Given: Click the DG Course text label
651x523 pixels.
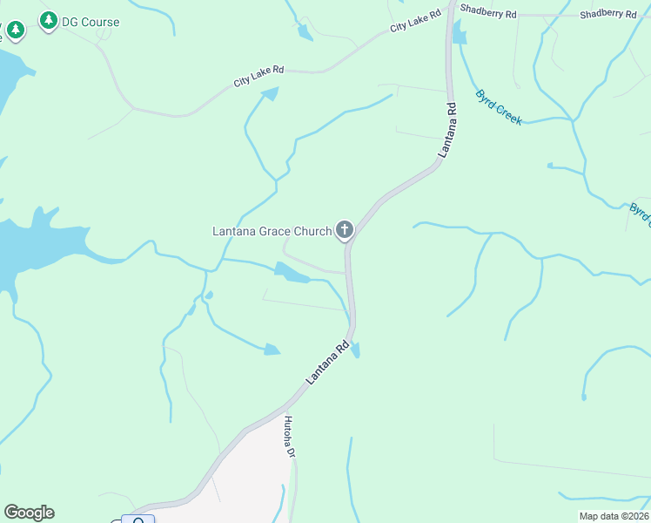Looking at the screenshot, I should coord(91,22).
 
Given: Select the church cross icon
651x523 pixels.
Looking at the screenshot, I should coord(345,231).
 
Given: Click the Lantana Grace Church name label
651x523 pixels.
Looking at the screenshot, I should coord(272,231).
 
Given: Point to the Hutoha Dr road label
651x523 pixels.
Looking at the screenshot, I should coord(291,437).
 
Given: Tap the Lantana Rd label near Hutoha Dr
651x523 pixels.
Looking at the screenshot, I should coord(328,363).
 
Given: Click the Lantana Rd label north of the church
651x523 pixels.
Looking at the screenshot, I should coord(447,130).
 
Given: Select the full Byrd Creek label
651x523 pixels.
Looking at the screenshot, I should coord(499,106).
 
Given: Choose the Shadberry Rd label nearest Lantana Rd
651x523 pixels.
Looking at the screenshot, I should coord(488,14).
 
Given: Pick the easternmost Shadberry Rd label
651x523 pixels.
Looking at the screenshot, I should coord(608,14).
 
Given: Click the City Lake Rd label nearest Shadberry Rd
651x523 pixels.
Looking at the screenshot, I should coord(412,27).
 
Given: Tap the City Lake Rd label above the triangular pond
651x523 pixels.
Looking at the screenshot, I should coord(258,76).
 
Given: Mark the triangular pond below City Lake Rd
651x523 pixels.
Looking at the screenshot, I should coord(271,92).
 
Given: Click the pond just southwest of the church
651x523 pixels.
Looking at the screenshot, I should coord(292,275).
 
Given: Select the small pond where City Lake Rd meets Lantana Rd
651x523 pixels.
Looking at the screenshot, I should coord(459,34).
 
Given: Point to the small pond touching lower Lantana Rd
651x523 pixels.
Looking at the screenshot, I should coord(355,350).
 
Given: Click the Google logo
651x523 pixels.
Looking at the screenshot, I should coord(29,513).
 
